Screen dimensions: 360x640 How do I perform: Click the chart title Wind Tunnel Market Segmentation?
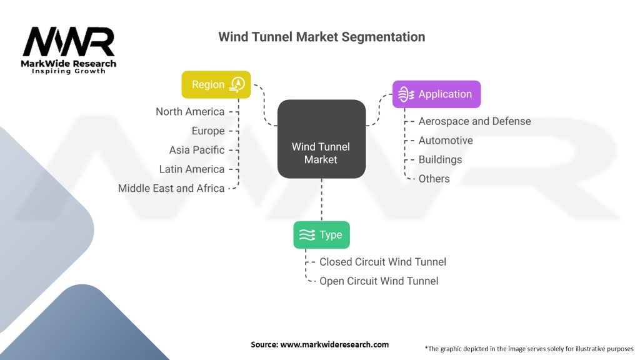(321, 37)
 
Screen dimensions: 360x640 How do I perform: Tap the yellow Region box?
(216, 84)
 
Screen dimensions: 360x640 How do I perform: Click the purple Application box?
(436, 94)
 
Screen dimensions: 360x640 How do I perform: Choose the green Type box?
(321, 235)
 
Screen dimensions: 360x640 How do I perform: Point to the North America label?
(190, 112)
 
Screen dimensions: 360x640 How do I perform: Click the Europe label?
(208, 131)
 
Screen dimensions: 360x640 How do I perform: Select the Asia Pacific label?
(196, 150)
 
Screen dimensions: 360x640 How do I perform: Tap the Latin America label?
(191, 169)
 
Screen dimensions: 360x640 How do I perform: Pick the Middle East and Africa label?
(171, 188)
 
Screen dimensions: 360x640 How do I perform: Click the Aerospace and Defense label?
(474, 121)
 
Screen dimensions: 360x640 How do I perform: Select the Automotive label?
(446, 141)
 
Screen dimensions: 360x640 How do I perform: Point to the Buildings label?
(440, 159)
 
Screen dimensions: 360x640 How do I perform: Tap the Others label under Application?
(434, 179)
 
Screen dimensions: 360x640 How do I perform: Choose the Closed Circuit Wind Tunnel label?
(382, 262)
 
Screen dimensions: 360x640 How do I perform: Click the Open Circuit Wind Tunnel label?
(379, 281)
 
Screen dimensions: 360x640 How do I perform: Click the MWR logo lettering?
(69, 42)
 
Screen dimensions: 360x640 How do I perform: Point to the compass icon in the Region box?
(237, 84)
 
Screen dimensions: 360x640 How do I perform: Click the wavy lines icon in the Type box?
(306, 235)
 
